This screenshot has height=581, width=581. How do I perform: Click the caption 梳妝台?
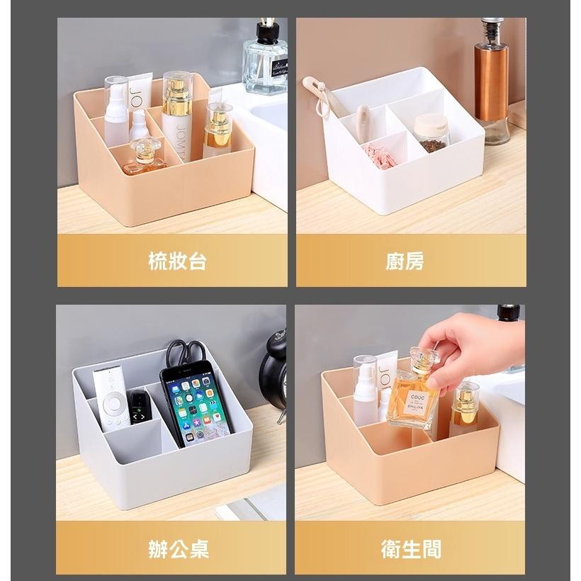coord(177,261)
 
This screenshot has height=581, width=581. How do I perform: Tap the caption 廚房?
coord(405,261)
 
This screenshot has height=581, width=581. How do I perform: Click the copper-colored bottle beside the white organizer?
coord(491,81)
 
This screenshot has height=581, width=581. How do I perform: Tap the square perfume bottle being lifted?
coord(414,397)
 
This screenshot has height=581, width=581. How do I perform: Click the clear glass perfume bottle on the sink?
coord(264,60)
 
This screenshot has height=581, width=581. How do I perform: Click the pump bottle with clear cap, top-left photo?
coord(116,111)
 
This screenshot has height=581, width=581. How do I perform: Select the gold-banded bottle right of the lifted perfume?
coord(464,407)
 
